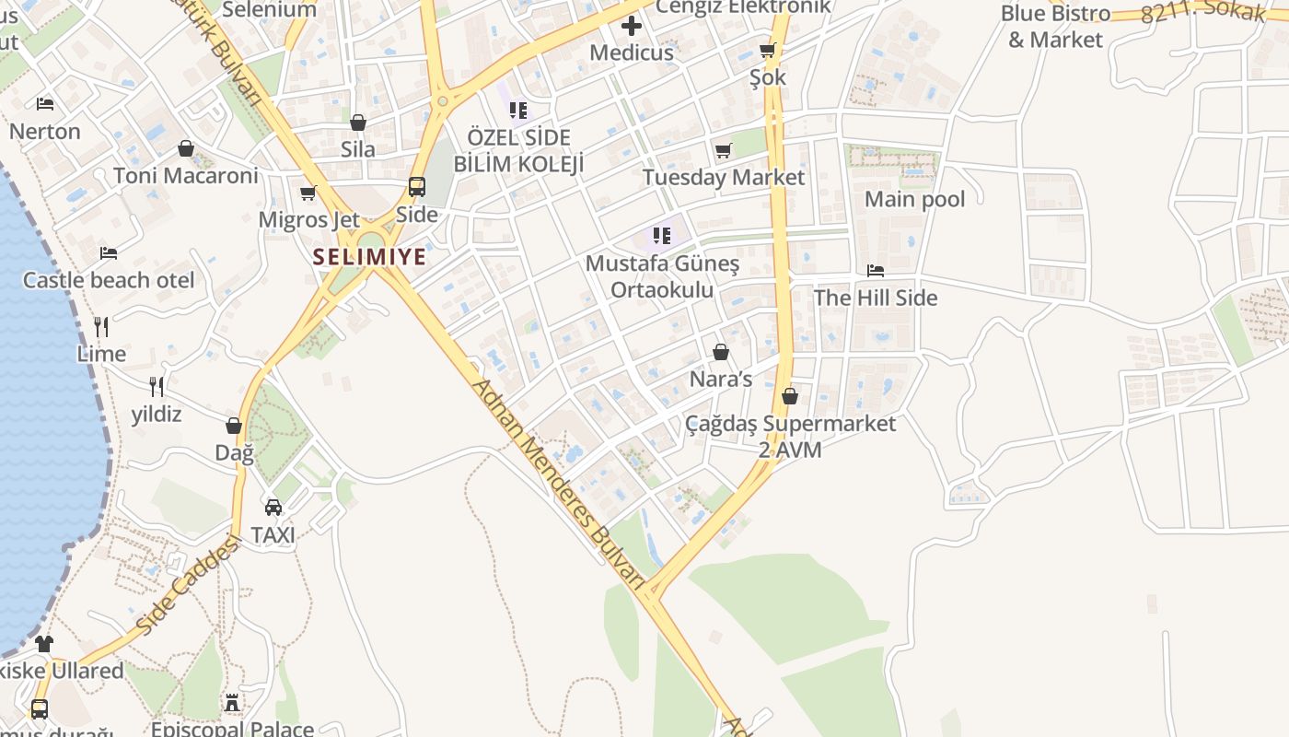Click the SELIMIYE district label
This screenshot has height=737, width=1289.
click(x=369, y=257)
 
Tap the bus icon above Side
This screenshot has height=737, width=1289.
click(x=417, y=187)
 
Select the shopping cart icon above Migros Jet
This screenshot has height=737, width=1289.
click(x=308, y=193)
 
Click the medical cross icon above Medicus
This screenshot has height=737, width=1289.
click(x=632, y=25)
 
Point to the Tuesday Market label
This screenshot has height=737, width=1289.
click(x=724, y=177)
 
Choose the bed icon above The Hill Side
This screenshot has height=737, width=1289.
click(x=876, y=271)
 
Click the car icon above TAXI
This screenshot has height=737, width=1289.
click(x=273, y=508)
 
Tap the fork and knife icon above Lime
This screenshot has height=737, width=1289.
click(x=101, y=326)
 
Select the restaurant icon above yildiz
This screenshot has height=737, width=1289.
click(x=157, y=386)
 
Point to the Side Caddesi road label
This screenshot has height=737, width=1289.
click(x=188, y=586)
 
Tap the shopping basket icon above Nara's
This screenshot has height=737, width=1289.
click(x=721, y=352)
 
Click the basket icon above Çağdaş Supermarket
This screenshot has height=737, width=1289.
click(x=789, y=396)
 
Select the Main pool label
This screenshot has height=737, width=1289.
click(x=915, y=199)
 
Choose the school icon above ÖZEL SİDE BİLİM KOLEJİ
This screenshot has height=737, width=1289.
click(x=518, y=111)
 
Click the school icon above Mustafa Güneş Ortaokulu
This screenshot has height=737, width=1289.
click(x=661, y=236)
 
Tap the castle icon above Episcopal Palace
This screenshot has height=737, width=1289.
click(x=232, y=703)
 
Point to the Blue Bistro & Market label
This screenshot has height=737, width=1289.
click(x=1055, y=27)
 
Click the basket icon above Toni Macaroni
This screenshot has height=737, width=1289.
click(x=186, y=148)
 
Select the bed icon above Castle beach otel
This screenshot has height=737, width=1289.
click(x=109, y=252)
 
